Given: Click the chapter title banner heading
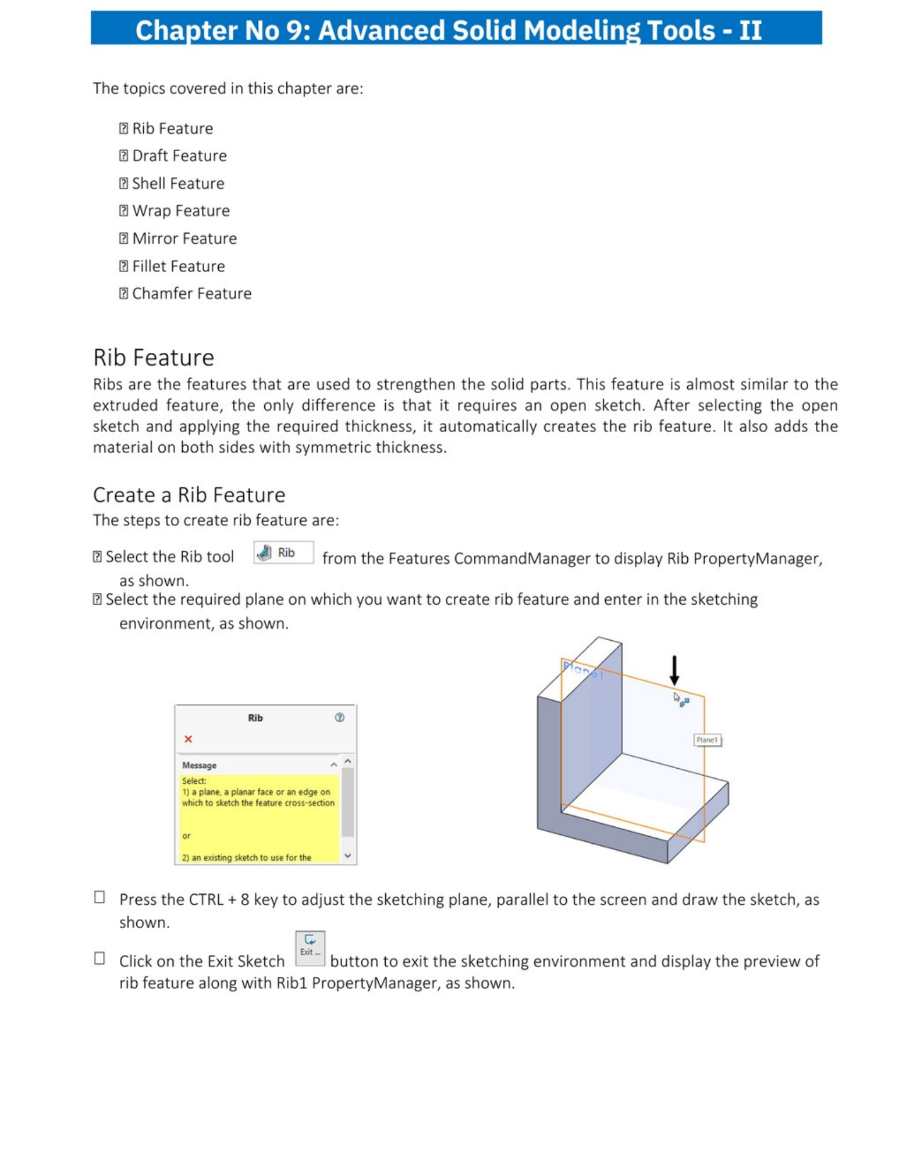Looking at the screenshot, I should [x=449, y=30].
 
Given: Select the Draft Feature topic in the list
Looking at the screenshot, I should [x=179, y=156].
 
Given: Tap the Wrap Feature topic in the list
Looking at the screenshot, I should [x=180, y=211].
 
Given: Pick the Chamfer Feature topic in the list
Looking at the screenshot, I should [x=191, y=294].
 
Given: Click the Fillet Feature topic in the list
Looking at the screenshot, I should [x=178, y=266].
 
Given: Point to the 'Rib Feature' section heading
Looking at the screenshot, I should [x=154, y=358].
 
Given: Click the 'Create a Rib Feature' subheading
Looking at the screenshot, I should [x=189, y=495].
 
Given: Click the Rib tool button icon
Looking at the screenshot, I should [x=283, y=552].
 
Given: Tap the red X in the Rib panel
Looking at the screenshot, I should [x=188, y=739].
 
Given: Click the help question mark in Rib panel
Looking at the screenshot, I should [x=339, y=718].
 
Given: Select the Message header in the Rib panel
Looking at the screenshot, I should [x=199, y=765].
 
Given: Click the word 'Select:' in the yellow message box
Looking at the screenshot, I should [x=194, y=781].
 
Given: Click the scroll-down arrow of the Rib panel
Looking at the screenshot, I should [x=347, y=855].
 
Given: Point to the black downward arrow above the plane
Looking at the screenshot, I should [x=674, y=670].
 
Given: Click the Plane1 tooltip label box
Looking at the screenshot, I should [x=707, y=740].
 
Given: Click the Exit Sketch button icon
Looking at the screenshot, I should [x=310, y=948].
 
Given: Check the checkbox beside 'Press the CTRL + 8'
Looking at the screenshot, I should [x=100, y=897].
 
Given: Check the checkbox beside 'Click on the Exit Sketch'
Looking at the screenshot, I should [x=100, y=958].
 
